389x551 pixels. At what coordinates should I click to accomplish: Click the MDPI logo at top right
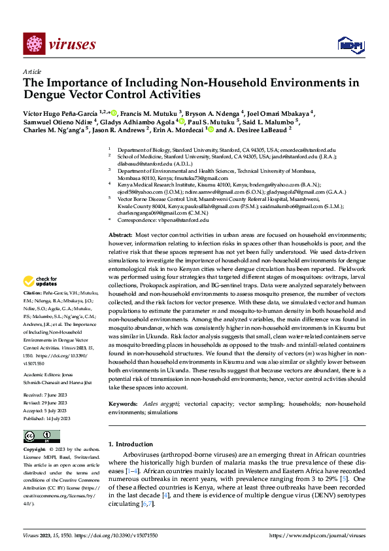(x=349, y=44)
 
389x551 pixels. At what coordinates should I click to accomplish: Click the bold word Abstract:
(x=120, y=234)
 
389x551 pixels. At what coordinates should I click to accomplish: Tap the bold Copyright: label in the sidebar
(x=35, y=450)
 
